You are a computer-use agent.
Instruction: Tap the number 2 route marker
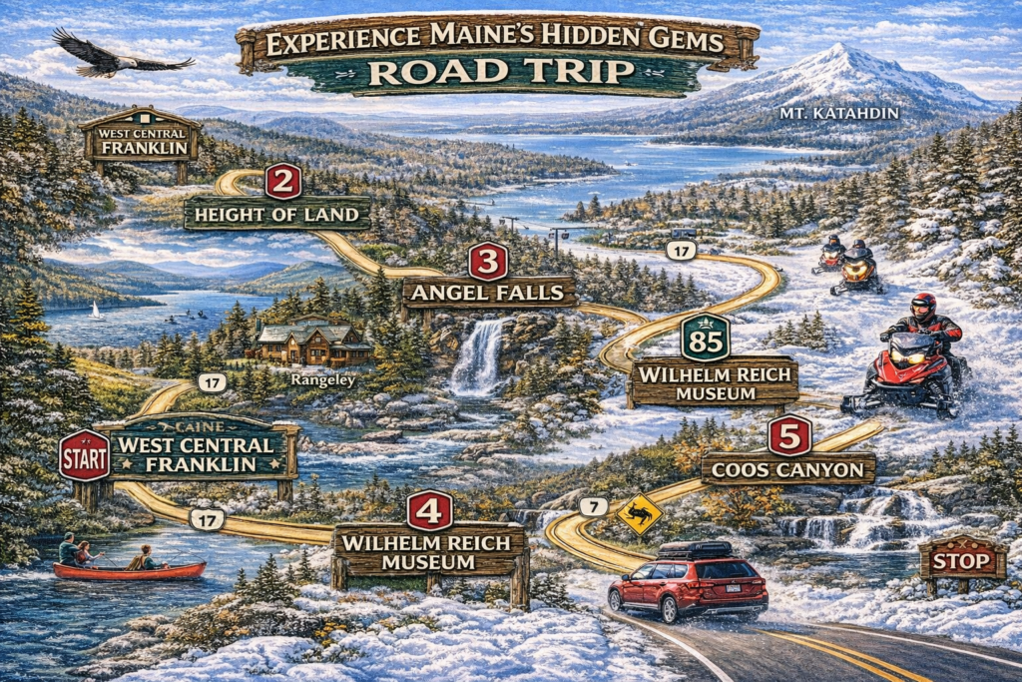click(283, 181)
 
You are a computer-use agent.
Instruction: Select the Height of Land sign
click(277, 213)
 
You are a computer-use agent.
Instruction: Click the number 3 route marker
click(487, 261)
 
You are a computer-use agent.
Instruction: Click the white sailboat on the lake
click(96, 311)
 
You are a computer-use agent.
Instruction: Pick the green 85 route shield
click(705, 339)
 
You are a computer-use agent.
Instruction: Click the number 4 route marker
click(429, 510)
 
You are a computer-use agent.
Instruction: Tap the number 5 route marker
click(789, 435)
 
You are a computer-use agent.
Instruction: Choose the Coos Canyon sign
click(788, 467)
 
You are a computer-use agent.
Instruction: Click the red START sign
click(84, 456)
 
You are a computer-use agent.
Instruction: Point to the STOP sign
click(962, 561)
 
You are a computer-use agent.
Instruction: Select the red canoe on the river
click(129, 570)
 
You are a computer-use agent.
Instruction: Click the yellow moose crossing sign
click(639, 514)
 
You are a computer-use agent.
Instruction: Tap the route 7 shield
click(593, 506)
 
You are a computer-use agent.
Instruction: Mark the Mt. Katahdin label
click(839, 114)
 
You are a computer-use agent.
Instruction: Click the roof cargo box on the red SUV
click(695, 549)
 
